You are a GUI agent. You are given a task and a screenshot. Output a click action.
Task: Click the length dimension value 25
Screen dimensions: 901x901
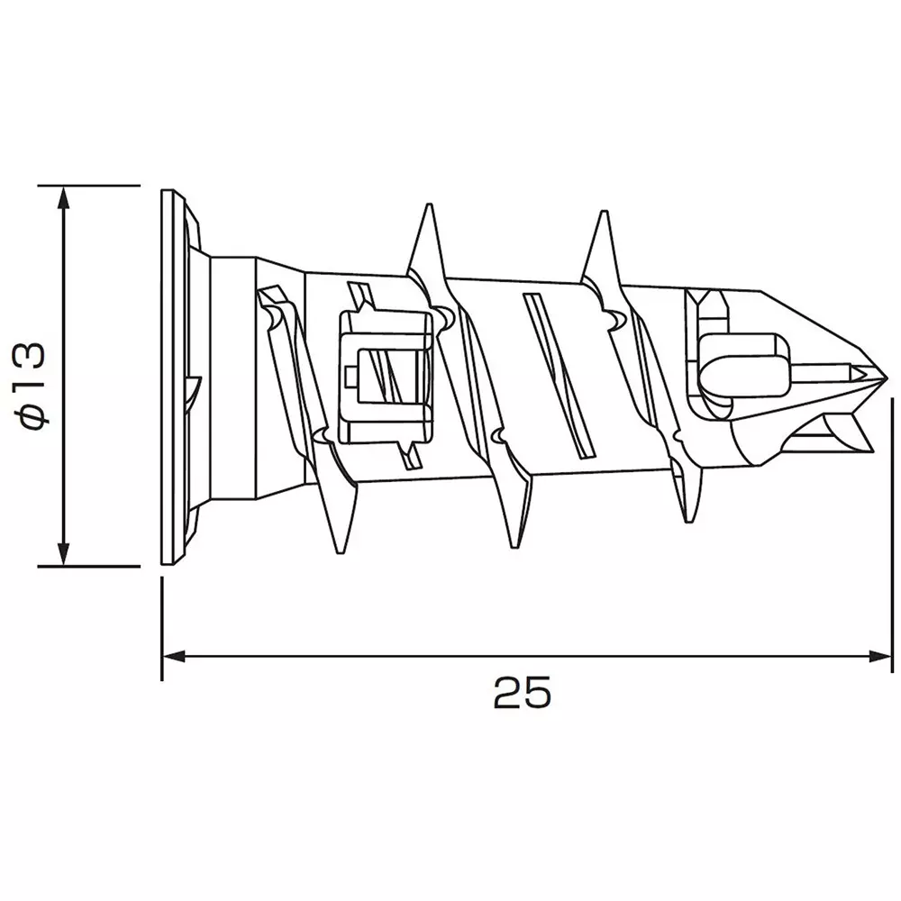522,693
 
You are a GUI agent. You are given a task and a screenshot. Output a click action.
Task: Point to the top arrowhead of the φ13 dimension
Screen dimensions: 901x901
63,198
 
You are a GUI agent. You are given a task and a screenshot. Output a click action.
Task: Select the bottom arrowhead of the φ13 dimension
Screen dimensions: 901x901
63,554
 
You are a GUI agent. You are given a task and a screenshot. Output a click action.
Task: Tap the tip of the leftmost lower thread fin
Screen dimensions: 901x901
342,550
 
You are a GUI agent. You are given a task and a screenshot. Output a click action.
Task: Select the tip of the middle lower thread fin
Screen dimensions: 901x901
515,544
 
